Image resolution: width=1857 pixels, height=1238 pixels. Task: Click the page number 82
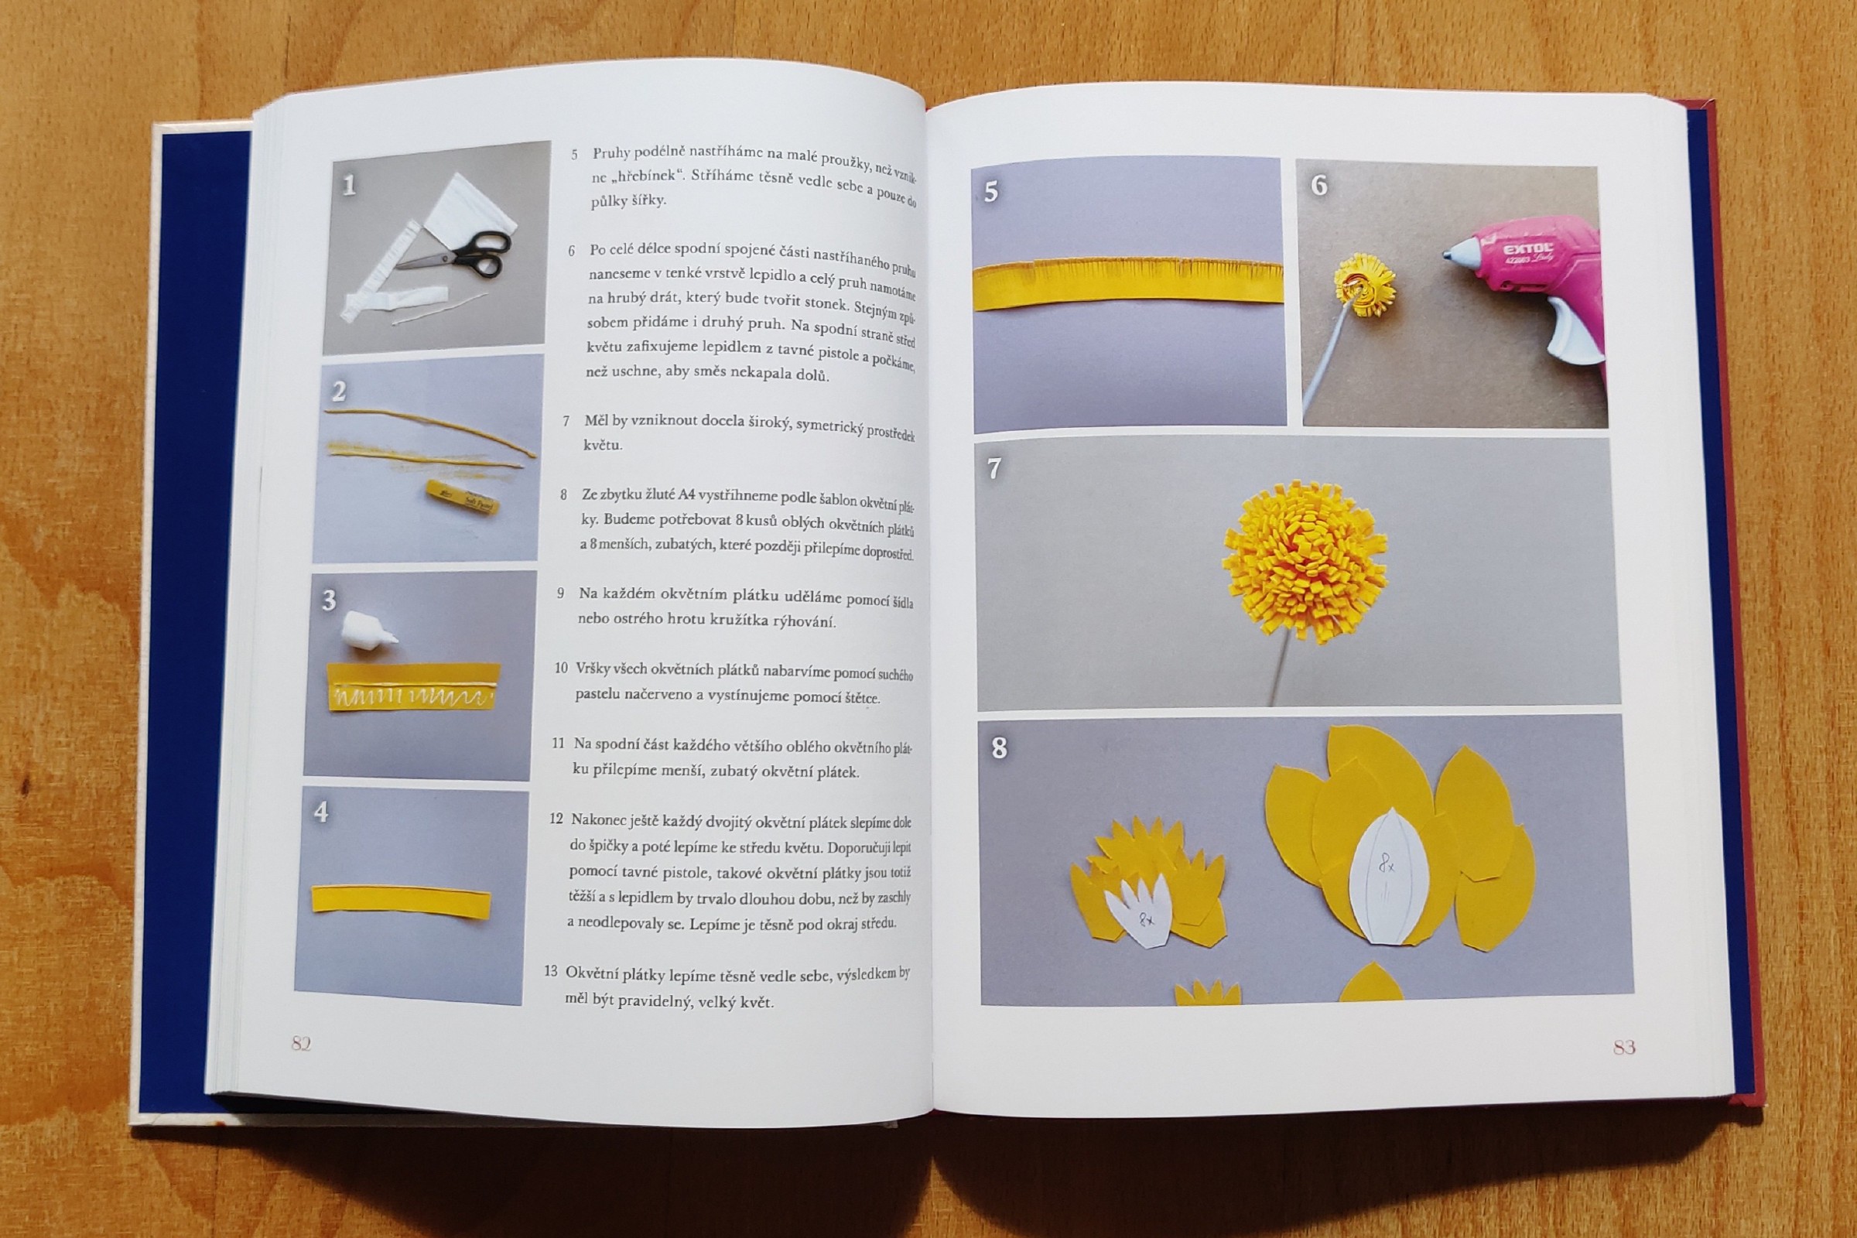point(301,1044)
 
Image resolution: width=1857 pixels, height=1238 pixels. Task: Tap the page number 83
point(1623,1048)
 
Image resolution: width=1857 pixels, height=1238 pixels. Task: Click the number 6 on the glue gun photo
point(1319,186)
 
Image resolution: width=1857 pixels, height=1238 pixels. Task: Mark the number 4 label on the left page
point(321,812)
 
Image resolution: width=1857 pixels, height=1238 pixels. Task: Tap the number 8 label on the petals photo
point(1000,747)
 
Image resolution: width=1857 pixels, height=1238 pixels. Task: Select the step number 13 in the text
point(551,971)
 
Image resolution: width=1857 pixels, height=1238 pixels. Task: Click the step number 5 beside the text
point(575,155)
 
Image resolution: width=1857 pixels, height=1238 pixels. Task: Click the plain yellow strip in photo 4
point(401,901)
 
